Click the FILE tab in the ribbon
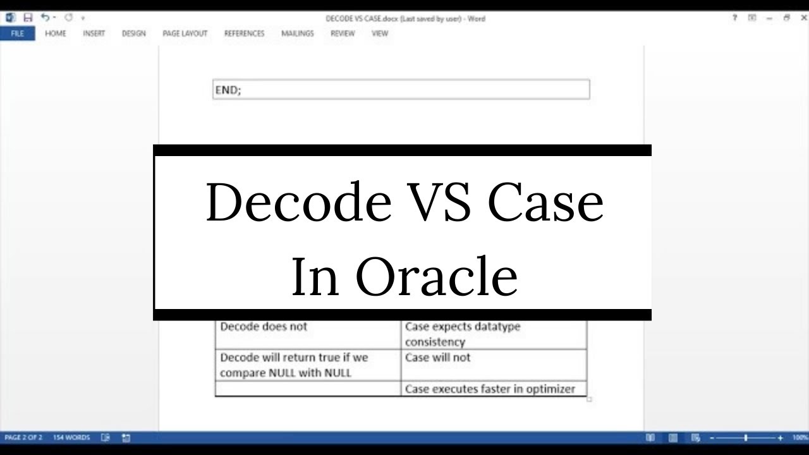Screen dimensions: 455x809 pos(17,33)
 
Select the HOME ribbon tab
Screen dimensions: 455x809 pos(56,33)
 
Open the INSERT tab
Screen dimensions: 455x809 pos(94,33)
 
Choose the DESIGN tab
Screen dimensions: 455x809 pos(133,33)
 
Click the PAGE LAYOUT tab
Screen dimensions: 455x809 pos(185,33)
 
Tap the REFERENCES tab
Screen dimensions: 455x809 pos(244,33)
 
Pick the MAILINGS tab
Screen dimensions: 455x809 pos(297,33)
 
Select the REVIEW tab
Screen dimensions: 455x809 pos(342,33)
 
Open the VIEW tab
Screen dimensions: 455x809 pos(379,33)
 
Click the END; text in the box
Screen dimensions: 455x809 pos(228,90)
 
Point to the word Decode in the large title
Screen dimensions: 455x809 pos(298,203)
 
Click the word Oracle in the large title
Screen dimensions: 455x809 pos(437,276)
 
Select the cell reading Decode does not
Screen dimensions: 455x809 pos(264,327)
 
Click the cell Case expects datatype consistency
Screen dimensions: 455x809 pos(462,334)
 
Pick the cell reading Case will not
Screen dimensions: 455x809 pos(437,358)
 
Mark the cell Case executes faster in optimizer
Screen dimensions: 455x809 pos(490,389)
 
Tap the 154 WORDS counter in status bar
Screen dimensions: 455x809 pos(71,437)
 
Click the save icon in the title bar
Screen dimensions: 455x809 pos(28,18)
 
